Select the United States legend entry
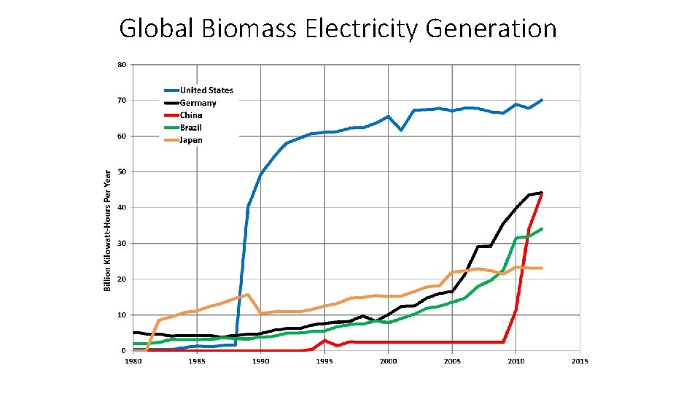click(206, 90)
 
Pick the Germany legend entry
click(198, 103)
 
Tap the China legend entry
click(191, 115)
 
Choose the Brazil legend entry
click(191, 128)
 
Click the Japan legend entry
click(191, 140)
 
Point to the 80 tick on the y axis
click(122, 64)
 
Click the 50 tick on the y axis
click(122, 171)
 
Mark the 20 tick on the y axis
click(122, 279)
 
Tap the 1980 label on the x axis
click(133, 361)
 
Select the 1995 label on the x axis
click(324, 361)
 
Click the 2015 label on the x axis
click(580, 361)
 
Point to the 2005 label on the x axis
click(452, 361)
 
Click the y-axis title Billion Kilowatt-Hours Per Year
click(107, 230)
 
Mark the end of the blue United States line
click(541, 100)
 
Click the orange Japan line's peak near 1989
click(248, 295)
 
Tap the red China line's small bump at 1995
click(324, 340)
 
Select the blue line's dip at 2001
click(401, 130)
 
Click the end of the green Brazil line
click(541, 229)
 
